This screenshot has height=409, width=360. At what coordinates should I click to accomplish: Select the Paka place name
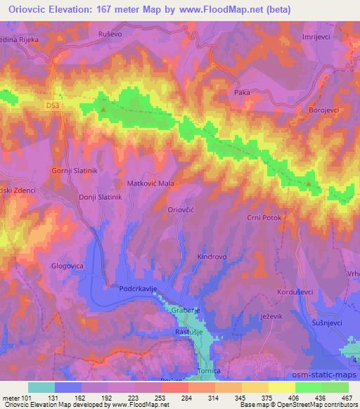coord(242,92)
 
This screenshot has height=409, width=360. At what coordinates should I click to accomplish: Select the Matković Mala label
coord(150,183)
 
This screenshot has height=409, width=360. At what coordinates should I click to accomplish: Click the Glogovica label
coord(68,266)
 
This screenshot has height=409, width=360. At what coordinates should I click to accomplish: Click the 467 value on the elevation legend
coord(347,397)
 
